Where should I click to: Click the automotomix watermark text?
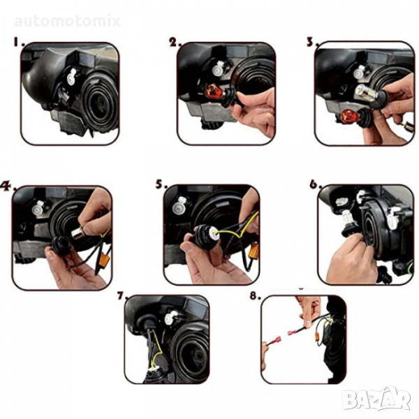click(68, 22)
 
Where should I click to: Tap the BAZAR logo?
click(377, 399)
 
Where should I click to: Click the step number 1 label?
click(20, 42)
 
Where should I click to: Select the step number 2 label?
click(175, 42)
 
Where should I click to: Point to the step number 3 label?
click(312, 42)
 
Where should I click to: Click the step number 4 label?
click(8, 186)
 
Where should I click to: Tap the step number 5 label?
click(161, 184)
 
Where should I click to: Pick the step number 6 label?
click(316, 184)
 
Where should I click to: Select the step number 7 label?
click(123, 295)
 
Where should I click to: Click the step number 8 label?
click(255, 295)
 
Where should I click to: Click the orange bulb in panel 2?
click(213, 94)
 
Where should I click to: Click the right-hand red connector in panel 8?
click(294, 332)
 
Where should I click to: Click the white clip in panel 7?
click(170, 318)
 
